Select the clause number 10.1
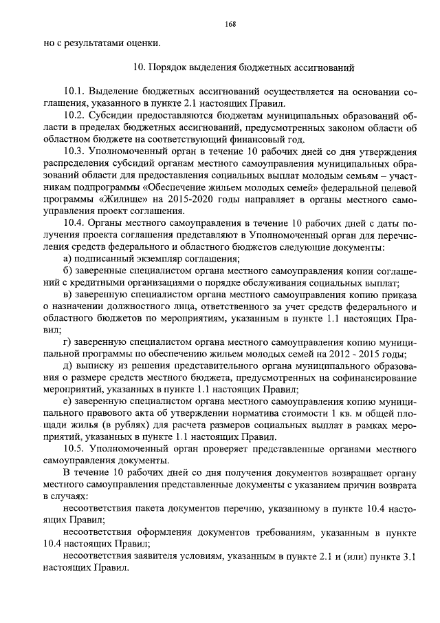[74, 92]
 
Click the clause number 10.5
[74, 447]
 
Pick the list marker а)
[67, 257]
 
